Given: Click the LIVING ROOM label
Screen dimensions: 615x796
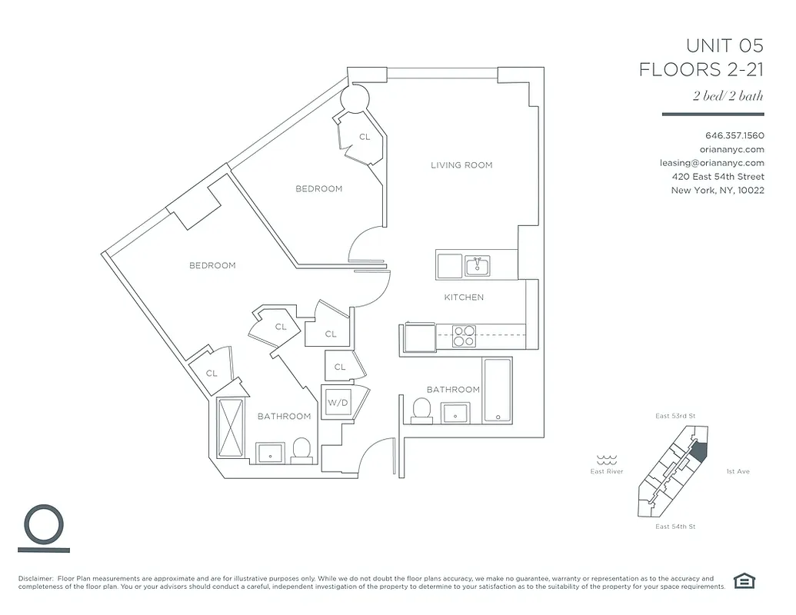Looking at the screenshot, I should [x=461, y=165].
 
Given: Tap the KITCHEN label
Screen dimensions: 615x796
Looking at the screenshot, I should [x=464, y=298].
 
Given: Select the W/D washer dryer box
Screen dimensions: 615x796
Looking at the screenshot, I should [x=337, y=403].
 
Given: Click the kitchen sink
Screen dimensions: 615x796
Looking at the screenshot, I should [x=478, y=266].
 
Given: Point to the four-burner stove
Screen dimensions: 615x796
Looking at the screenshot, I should [x=463, y=337].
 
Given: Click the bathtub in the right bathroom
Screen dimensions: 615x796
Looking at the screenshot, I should [x=497, y=391].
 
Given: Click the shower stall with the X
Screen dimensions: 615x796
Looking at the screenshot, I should [x=231, y=427].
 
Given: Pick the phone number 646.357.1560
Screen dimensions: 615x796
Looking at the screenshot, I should [x=734, y=135].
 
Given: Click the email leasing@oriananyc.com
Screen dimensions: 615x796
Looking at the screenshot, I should [x=711, y=163].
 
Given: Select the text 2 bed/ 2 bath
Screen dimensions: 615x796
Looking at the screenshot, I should [x=728, y=96].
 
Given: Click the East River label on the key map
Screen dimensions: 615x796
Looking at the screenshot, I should [x=607, y=471].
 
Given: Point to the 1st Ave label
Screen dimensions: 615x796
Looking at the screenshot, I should [x=737, y=471].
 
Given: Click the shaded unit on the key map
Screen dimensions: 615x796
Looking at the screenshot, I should [x=698, y=450].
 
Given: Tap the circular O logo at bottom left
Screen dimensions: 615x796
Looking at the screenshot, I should [x=43, y=524].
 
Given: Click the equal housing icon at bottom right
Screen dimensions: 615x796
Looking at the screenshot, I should [x=744, y=581].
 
